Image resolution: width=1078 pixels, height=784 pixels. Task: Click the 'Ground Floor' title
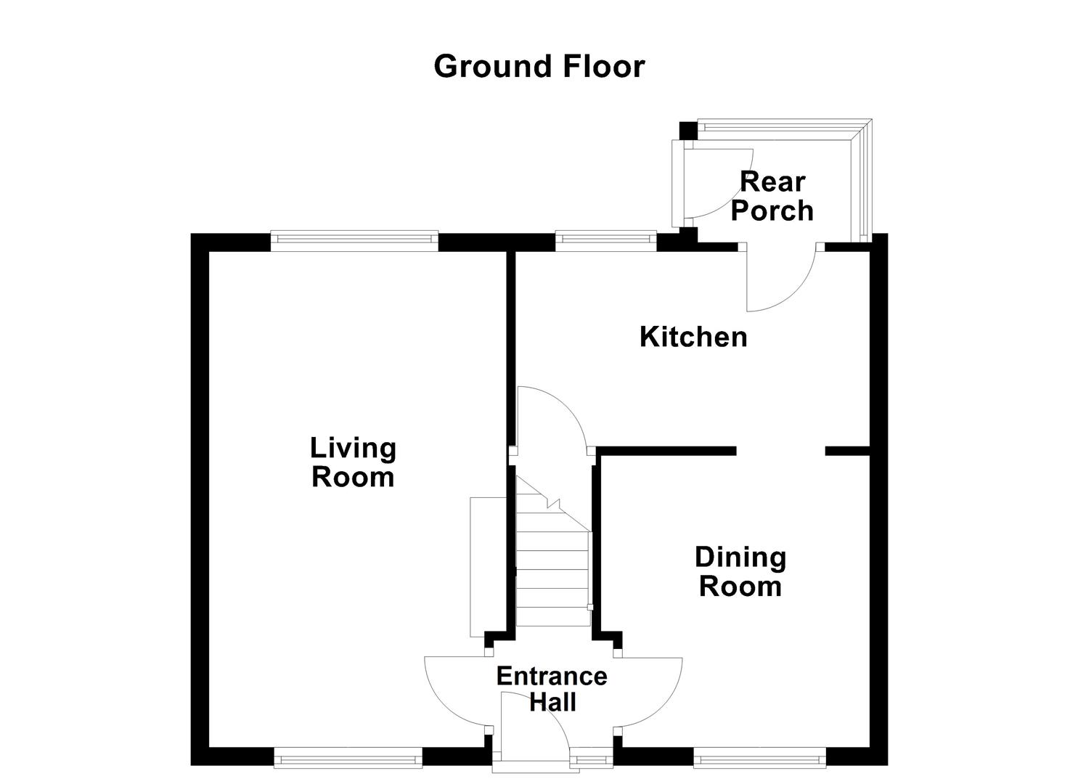click(539, 66)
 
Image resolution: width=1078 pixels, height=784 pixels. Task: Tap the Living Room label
click(353, 462)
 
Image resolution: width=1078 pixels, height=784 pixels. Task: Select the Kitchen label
click(693, 337)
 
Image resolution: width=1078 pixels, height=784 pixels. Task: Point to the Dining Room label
click(740, 571)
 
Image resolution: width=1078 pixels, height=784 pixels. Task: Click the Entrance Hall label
click(552, 689)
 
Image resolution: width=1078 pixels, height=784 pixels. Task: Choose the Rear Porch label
click(772, 196)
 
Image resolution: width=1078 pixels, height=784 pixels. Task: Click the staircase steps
click(552, 566)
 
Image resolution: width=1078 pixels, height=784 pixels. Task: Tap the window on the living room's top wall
click(354, 241)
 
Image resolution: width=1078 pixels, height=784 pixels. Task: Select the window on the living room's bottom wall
click(348, 759)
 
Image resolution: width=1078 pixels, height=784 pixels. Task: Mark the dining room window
click(759, 759)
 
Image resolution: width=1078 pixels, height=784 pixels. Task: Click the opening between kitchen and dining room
click(781, 451)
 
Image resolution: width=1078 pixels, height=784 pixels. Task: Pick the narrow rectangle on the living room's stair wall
click(478, 566)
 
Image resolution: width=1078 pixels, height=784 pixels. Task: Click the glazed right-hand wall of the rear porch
click(862, 181)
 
